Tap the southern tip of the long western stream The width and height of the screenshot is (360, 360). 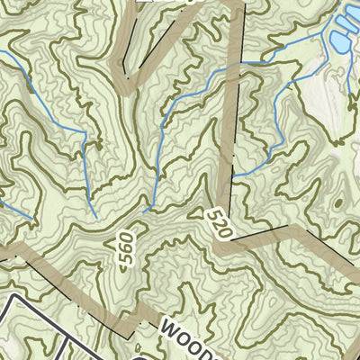[94, 216]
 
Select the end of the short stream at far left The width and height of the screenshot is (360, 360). [33, 219]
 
